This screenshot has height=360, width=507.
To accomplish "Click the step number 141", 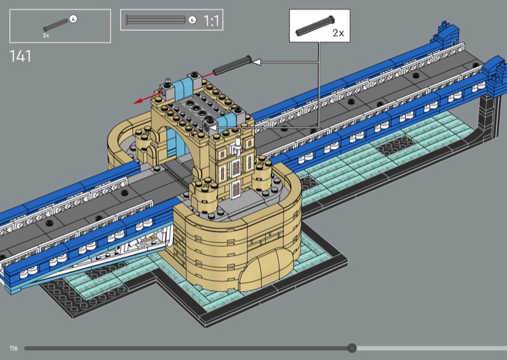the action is pos(20,56).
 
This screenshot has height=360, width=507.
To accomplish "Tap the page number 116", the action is pos(13,348).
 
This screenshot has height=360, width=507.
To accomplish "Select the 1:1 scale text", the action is pos(211,21).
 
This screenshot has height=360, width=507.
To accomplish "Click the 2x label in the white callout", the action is pos(338,33).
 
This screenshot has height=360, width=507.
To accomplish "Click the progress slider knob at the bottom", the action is pos(352,348).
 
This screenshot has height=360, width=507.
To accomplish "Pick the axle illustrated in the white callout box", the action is pos(315,26).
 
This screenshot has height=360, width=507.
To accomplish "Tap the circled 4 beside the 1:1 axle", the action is pos(192,20).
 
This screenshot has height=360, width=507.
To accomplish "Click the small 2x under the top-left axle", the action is pos(46,35).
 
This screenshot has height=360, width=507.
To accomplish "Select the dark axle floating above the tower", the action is pos(232,66).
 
